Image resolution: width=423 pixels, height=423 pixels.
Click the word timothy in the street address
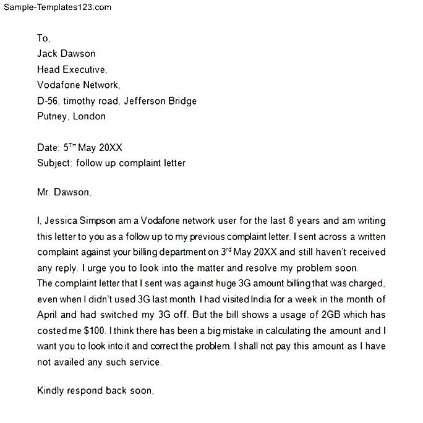coord(83,101)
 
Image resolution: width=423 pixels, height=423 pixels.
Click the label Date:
coord(48,148)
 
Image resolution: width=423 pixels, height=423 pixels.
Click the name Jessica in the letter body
coord(61,220)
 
